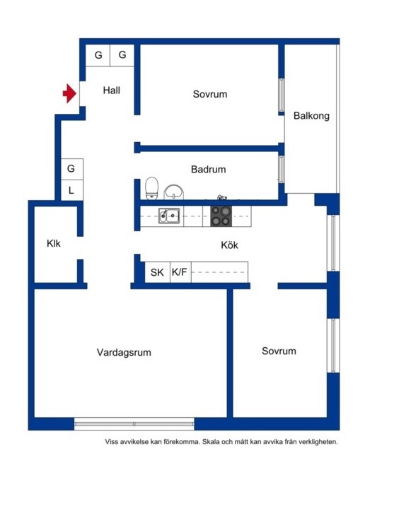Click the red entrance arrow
point(69,93)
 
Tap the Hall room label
point(111,91)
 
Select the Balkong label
point(311,116)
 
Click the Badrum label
point(208,169)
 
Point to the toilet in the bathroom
point(151,188)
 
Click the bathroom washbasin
point(173,192)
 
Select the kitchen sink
point(169,216)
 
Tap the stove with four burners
point(221,216)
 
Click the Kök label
point(229,245)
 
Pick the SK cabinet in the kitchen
point(158,272)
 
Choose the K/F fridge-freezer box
point(180,272)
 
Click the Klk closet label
point(53,243)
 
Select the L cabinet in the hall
point(71,190)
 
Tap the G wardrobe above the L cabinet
point(71,169)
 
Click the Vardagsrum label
point(124,352)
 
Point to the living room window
point(134,424)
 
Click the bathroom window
point(282,169)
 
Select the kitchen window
point(333,243)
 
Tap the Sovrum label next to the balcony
point(210,94)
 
